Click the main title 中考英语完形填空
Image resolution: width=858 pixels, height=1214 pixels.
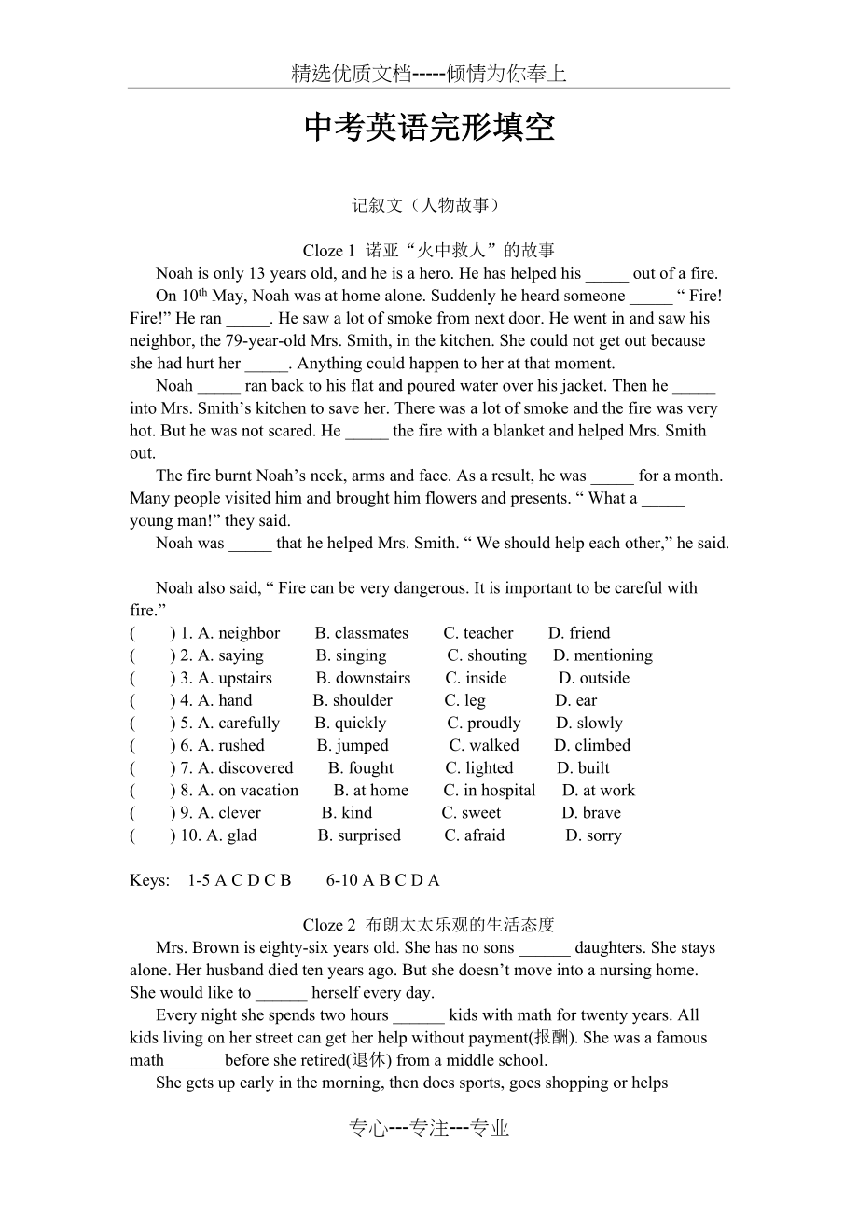tap(429, 129)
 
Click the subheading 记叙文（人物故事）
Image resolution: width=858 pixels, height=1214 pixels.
tap(428, 205)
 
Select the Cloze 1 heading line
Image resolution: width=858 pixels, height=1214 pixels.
tap(428, 250)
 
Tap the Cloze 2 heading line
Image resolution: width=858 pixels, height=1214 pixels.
tap(428, 925)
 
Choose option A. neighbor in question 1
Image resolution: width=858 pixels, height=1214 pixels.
tap(239, 633)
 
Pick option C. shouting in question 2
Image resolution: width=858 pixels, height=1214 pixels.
tap(487, 655)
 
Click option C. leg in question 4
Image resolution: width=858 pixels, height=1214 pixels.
tap(464, 700)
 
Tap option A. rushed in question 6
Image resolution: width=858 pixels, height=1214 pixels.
tap(231, 745)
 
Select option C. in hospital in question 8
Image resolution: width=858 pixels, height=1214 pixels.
tap(490, 790)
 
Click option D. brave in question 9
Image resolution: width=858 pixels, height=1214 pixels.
tap(591, 812)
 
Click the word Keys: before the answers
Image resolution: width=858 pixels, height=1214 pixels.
tap(150, 880)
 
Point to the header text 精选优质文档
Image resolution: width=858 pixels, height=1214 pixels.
tap(352, 75)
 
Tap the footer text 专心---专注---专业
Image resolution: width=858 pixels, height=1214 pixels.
tap(429, 1128)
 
